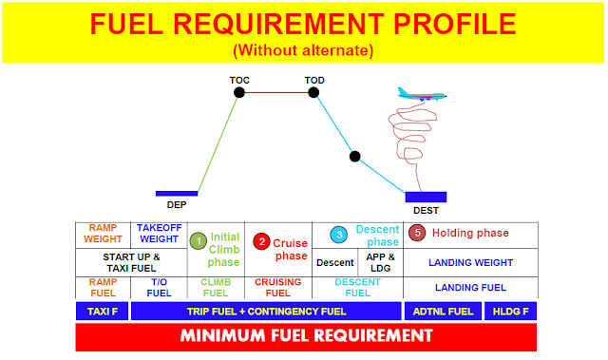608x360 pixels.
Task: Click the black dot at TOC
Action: (x=239, y=92)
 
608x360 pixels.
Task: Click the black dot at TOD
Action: (x=315, y=92)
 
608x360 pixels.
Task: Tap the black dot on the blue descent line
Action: (x=354, y=156)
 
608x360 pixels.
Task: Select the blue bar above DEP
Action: (x=177, y=193)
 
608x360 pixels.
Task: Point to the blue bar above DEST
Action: (x=426, y=197)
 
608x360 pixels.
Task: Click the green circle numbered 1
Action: (x=198, y=241)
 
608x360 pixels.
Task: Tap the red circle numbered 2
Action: (x=262, y=241)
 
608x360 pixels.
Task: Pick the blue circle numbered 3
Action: (x=339, y=234)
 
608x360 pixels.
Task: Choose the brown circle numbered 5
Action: (x=415, y=233)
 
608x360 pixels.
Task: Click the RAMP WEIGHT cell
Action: (x=103, y=234)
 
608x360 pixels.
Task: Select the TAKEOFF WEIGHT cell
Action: (x=159, y=234)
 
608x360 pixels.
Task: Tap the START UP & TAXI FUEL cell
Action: (x=131, y=262)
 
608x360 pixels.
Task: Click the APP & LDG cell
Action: (x=380, y=262)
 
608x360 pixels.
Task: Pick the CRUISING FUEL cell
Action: (x=277, y=288)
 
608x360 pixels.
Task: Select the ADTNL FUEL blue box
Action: (x=442, y=312)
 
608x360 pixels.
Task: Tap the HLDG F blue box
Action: (x=510, y=312)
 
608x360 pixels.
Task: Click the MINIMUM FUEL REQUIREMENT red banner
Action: (x=306, y=336)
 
